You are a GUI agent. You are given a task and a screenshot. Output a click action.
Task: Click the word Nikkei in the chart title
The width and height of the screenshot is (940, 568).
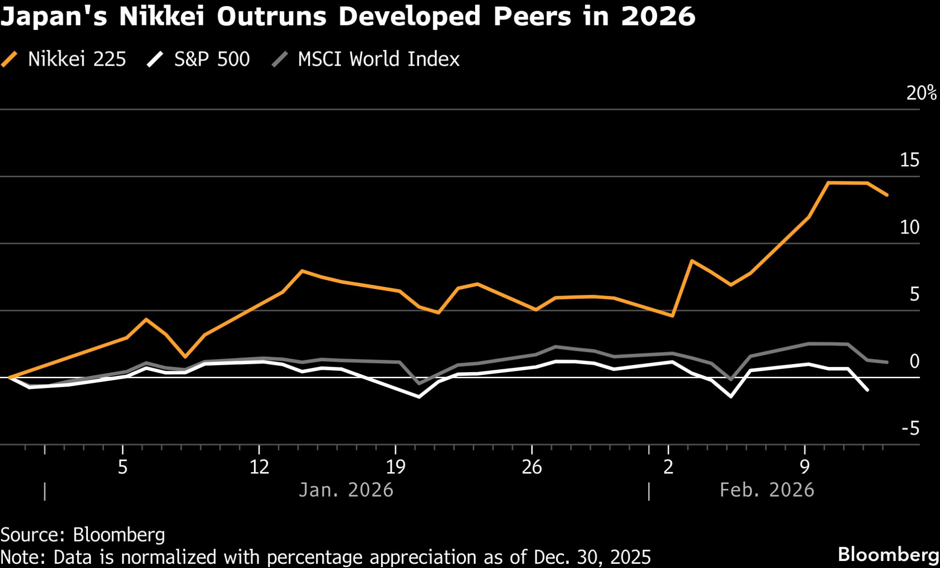tap(161, 16)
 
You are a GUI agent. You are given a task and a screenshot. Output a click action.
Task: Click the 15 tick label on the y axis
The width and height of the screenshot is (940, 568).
tap(909, 160)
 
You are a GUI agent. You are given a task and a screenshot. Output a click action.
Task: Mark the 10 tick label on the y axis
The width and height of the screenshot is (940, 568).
tap(909, 227)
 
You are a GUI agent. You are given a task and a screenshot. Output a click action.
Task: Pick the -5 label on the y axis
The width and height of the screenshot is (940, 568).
tap(910, 428)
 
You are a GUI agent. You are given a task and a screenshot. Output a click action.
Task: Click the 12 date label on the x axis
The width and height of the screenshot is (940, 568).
tap(259, 467)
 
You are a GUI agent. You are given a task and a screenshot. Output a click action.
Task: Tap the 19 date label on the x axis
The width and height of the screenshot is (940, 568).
tap(395, 467)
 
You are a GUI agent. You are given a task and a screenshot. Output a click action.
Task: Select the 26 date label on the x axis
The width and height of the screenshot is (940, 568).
tap(532, 467)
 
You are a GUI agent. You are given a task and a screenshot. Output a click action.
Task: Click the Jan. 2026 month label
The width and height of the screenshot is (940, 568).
tap(346, 490)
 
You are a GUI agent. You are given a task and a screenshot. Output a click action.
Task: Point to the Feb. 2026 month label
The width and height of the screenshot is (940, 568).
tap(767, 490)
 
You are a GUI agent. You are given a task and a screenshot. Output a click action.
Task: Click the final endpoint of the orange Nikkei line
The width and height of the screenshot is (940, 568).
tap(887, 195)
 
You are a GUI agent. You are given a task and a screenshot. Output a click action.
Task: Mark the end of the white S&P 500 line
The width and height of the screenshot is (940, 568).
tap(867, 390)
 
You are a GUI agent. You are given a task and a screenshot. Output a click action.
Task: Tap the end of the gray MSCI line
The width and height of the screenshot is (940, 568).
tap(887, 362)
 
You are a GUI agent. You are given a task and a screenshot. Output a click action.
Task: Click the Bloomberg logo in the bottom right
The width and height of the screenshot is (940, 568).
tap(888, 554)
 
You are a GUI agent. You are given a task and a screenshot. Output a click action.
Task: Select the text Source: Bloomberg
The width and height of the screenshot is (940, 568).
tap(83, 535)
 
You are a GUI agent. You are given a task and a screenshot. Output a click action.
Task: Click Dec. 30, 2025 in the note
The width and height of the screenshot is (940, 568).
tap(592, 557)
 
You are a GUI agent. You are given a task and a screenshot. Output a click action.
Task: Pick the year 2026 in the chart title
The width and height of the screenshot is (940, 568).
tap(658, 16)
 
